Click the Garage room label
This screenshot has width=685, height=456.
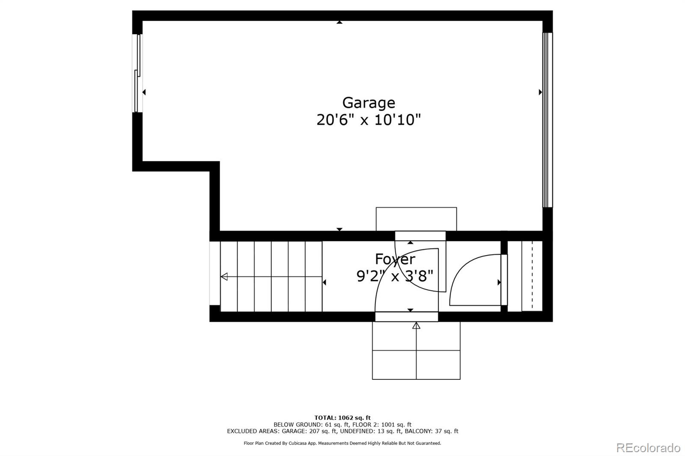pos(369,103)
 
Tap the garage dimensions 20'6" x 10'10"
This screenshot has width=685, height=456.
pos(369,120)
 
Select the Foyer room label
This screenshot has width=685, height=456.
pos(395,259)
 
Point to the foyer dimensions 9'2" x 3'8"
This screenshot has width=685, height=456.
pos(395,276)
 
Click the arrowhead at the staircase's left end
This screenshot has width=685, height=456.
pos(224,277)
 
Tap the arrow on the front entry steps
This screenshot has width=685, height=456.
pos(416,326)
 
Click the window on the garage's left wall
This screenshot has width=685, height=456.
pos(137,73)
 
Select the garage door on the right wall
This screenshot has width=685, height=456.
pos(548,120)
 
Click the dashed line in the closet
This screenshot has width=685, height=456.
pos(532,276)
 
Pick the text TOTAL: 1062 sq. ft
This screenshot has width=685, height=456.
pos(342,418)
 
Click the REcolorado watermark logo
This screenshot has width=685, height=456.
pos(648,448)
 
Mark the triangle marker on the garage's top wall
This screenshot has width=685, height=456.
pos(340,22)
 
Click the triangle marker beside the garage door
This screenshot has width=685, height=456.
pos(540,92)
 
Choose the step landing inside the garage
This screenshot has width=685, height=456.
pos(416,219)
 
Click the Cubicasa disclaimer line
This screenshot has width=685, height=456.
pos(342,443)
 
